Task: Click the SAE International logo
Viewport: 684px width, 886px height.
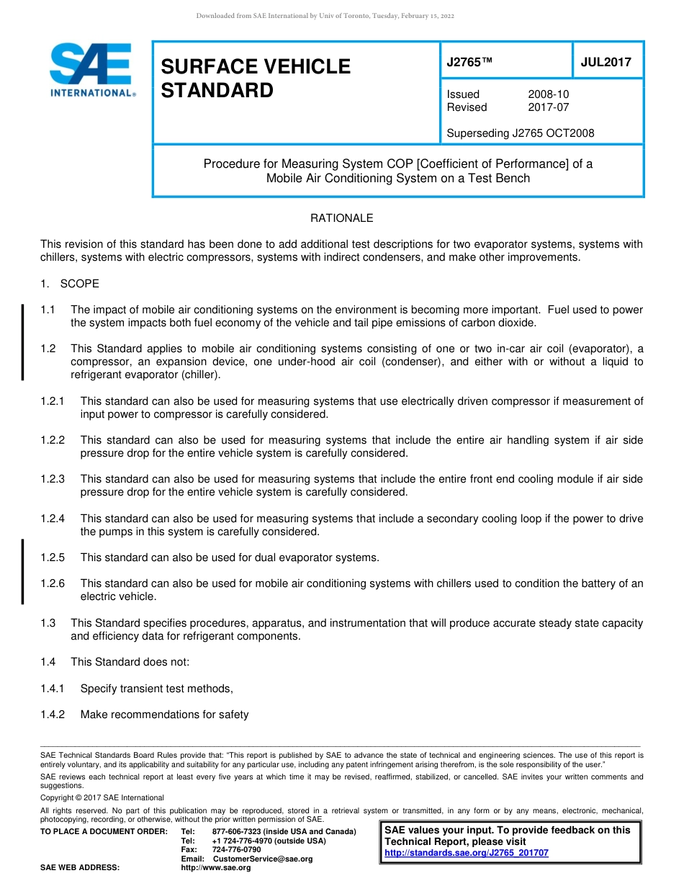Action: [x=90, y=70]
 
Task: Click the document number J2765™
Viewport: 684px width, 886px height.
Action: [x=469, y=62]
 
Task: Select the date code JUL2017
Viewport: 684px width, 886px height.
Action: [x=606, y=62]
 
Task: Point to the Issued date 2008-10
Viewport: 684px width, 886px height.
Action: [x=548, y=94]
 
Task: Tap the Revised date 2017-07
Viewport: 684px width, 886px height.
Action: [x=548, y=107]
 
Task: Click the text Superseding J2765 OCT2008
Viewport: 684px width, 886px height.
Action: [x=520, y=133]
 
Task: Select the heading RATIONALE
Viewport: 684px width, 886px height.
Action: [x=341, y=218]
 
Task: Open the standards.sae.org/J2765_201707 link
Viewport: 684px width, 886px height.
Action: [x=466, y=853]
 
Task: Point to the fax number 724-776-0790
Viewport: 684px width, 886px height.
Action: [x=236, y=850]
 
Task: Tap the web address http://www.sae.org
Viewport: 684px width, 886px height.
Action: [x=216, y=868]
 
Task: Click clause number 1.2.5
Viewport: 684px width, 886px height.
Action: [x=53, y=558]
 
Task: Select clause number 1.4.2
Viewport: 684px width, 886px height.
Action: [x=53, y=715]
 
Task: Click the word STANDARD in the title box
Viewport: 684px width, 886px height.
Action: [x=217, y=91]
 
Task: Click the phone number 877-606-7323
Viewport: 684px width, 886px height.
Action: [x=236, y=832]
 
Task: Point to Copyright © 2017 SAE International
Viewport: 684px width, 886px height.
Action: [x=102, y=798]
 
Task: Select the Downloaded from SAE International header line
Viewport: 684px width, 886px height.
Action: [x=325, y=16]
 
